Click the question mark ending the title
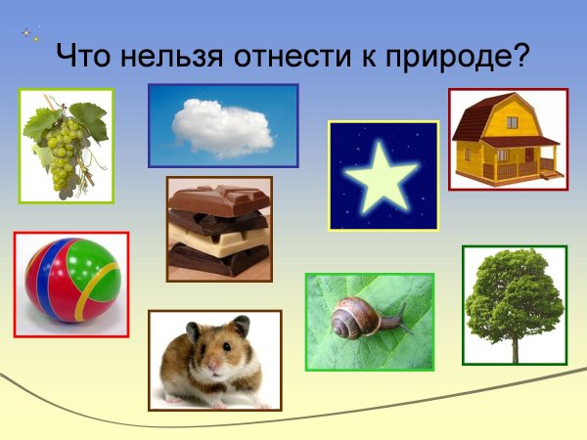click(521, 54)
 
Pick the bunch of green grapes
click(63, 156)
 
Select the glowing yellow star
click(382, 175)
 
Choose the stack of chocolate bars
click(218, 229)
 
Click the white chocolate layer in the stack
click(217, 238)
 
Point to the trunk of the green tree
click(514, 347)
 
